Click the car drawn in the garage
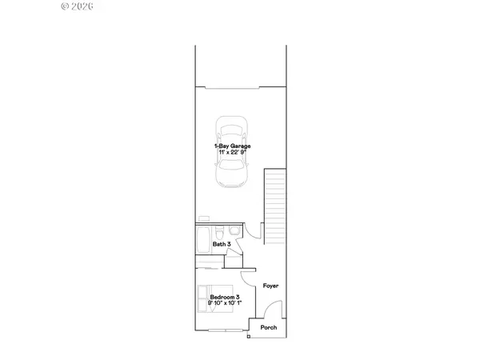[231, 153]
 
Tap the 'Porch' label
[269, 327]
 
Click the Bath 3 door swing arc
[253, 231]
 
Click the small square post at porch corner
[250, 337]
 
